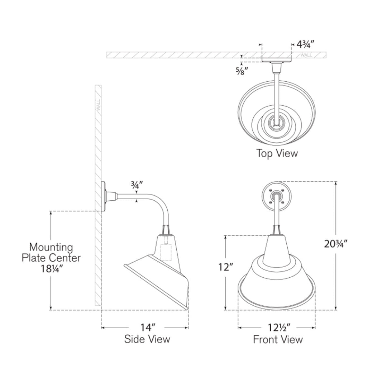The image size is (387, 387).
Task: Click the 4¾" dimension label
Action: (x=305, y=45)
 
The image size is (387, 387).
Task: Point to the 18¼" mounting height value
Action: (x=51, y=269)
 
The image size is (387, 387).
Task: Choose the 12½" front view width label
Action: (x=279, y=328)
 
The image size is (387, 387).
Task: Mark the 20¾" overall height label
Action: (x=336, y=244)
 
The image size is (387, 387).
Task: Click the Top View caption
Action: (x=277, y=153)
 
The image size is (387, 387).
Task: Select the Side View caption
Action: (x=147, y=339)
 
